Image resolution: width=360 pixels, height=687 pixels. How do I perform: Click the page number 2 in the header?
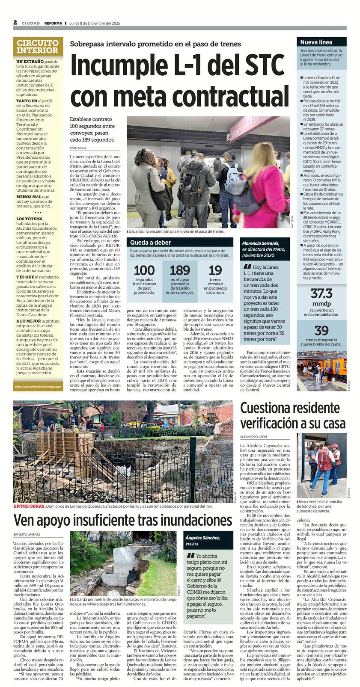tap(15, 23)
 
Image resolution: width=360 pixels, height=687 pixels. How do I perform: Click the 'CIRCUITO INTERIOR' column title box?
tap(38, 46)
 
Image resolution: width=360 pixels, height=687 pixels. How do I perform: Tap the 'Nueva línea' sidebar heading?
tap(316, 42)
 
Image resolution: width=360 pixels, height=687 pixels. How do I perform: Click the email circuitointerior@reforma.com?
tap(38, 386)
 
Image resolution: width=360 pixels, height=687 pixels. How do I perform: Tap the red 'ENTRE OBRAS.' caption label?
tap(29, 506)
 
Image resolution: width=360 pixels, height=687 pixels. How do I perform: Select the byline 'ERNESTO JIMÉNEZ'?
tap(27, 534)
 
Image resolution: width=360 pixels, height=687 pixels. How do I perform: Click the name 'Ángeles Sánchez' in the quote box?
tap(202, 538)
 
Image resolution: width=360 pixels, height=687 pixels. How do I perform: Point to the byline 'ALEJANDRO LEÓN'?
tap(253, 436)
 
